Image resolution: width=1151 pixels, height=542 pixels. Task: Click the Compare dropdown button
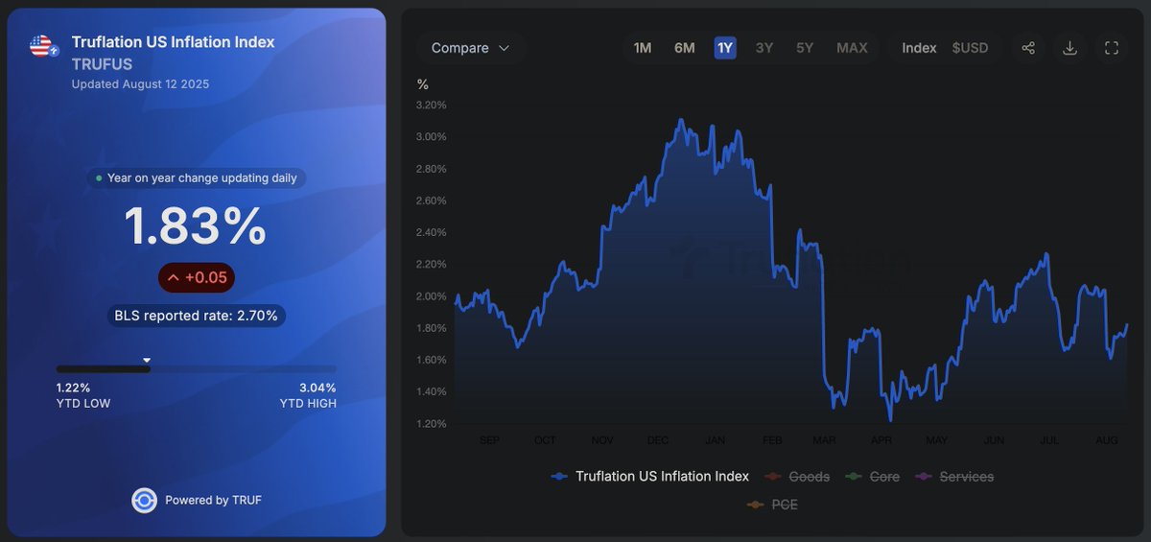[470, 48]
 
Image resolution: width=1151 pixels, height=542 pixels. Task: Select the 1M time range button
[643, 48]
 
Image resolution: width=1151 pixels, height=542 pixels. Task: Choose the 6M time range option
[684, 48]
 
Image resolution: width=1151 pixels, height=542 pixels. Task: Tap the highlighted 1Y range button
[725, 48]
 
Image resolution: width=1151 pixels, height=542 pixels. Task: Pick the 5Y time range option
[805, 48]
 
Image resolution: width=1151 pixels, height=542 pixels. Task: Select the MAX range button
[852, 48]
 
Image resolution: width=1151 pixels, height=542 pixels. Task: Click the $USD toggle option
[970, 48]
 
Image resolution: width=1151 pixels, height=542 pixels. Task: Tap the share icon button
[1028, 48]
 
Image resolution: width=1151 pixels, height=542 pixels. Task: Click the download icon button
[1070, 48]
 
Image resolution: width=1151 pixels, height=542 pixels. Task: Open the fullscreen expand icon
[1112, 48]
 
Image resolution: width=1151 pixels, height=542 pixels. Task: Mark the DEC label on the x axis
[658, 440]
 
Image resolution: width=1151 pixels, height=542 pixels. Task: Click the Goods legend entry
[798, 477]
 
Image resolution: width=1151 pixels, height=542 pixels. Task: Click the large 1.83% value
[196, 227]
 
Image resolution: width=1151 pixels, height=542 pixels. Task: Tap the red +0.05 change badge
[197, 277]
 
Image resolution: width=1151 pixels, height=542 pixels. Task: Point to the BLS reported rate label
[196, 316]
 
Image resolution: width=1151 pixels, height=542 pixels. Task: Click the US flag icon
[41, 45]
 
